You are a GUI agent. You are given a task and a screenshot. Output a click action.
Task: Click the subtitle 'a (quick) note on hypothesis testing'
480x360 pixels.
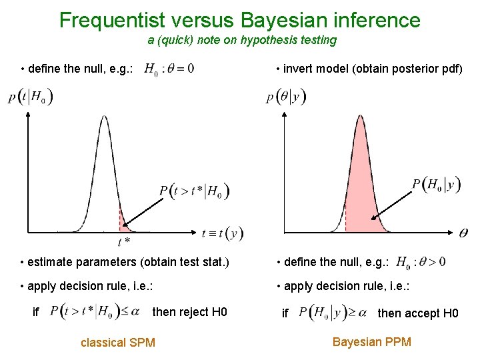(x=242, y=40)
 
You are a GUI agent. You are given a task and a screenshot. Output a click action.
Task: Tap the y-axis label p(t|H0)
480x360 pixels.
(x=31, y=97)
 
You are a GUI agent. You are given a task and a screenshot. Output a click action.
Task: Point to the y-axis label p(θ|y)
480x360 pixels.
(x=286, y=97)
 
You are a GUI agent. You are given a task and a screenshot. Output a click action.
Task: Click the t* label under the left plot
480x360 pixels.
(x=123, y=241)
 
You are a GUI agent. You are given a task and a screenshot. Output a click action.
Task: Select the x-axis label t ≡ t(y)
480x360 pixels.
(x=222, y=233)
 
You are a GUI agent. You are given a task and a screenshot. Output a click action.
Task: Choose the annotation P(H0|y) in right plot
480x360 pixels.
(x=436, y=185)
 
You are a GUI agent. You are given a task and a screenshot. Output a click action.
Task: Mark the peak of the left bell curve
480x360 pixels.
(x=104, y=117)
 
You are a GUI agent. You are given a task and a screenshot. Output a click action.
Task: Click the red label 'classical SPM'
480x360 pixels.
(x=117, y=343)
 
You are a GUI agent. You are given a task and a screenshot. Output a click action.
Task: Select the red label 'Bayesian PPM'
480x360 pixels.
(x=372, y=342)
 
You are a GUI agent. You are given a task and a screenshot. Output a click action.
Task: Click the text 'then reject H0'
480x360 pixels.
(x=190, y=311)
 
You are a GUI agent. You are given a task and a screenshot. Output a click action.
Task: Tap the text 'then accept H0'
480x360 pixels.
(x=418, y=313)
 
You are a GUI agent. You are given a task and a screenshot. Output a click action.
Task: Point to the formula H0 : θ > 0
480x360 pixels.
(x=421, y=262)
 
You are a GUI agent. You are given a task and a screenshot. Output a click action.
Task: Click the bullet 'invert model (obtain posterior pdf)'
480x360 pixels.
(x=369, y=69)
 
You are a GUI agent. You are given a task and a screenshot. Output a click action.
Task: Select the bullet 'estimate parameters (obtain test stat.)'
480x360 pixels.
(x=125, y=262)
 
